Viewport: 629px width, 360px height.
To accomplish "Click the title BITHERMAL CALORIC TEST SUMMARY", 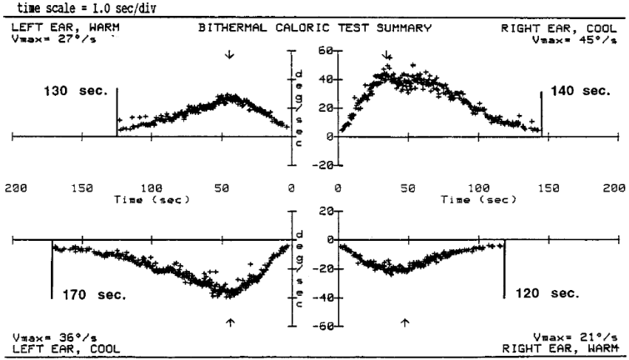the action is pyautogui.click(x=315, y=27).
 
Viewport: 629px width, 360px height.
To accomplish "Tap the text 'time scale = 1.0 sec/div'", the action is pyautogui.click(x=87, y=8).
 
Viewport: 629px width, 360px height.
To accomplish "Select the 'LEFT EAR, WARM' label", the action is pyautogui.click(x=65, y=27).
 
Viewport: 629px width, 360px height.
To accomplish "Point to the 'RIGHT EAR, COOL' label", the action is pyautogui.click(x=559, y=28).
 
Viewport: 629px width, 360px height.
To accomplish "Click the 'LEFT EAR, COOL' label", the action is pyautogui.click(x=66, y=349).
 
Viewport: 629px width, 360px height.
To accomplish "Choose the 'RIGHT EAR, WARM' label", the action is pyautogui.click(x=560, y=348).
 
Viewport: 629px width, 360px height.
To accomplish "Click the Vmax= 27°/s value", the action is pyautogui.click(x=54, y=39).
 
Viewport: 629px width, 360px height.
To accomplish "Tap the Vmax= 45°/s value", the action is pyautogui.click(x=575, y=40).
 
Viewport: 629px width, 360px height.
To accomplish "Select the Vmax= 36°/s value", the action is pyautogui.click(x=54, y=337).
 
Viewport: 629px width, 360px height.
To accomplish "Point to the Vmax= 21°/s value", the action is pyautogui.click(x=576, y=337).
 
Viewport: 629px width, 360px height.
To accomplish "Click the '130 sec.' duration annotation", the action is pyautogui.click(x=76, y=91).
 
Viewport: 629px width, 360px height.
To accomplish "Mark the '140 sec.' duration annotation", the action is pyautogui.click(x=581, y=91).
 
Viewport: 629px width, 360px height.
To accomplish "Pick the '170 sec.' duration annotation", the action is pyautogui.click(x=94, y=295).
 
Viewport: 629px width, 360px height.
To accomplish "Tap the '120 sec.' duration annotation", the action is pyautogui.click(x=547, y=293).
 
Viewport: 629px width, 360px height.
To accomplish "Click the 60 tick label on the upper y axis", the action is pyautogui.click(x=325, y=51).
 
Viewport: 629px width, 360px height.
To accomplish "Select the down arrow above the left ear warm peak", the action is pyautogui.click(x=229, y=54).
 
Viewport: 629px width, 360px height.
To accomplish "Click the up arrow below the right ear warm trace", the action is pyautogui.click(x=405, y=322).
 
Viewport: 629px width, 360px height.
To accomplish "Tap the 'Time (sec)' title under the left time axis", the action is pyautogui.click(x=152, y=199).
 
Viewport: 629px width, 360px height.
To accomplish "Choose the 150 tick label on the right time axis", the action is pyautogui.click(x=548, y=187).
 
